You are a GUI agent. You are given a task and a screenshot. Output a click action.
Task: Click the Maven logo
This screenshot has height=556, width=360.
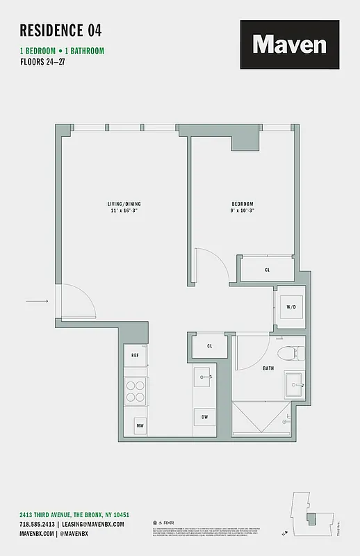pos(290,44)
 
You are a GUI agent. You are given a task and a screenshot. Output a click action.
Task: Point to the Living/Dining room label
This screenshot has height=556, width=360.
pos(124,207)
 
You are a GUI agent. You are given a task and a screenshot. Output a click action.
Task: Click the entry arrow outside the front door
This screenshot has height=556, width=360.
pos(36,301)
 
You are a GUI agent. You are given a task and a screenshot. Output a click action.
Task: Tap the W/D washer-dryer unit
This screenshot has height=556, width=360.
pos(289,306)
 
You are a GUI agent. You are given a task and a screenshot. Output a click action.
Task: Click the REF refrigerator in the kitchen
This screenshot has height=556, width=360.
pos(136,355)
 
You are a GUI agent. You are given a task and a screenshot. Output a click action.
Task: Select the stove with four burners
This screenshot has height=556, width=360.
pos(136,391)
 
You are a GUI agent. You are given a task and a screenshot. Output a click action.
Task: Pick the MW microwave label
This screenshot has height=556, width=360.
pos(139,425)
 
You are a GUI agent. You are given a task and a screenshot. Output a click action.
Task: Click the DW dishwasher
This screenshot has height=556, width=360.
pos(205,417)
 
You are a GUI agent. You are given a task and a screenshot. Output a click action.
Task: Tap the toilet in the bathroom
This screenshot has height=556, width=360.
pos(287,352)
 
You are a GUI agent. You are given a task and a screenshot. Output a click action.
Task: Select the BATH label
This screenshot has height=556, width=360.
pos(268,369)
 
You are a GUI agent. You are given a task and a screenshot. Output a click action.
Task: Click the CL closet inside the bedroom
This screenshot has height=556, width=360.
pos(268,270)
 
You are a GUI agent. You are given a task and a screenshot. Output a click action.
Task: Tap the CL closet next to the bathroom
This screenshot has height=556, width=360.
pos(210,345)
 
